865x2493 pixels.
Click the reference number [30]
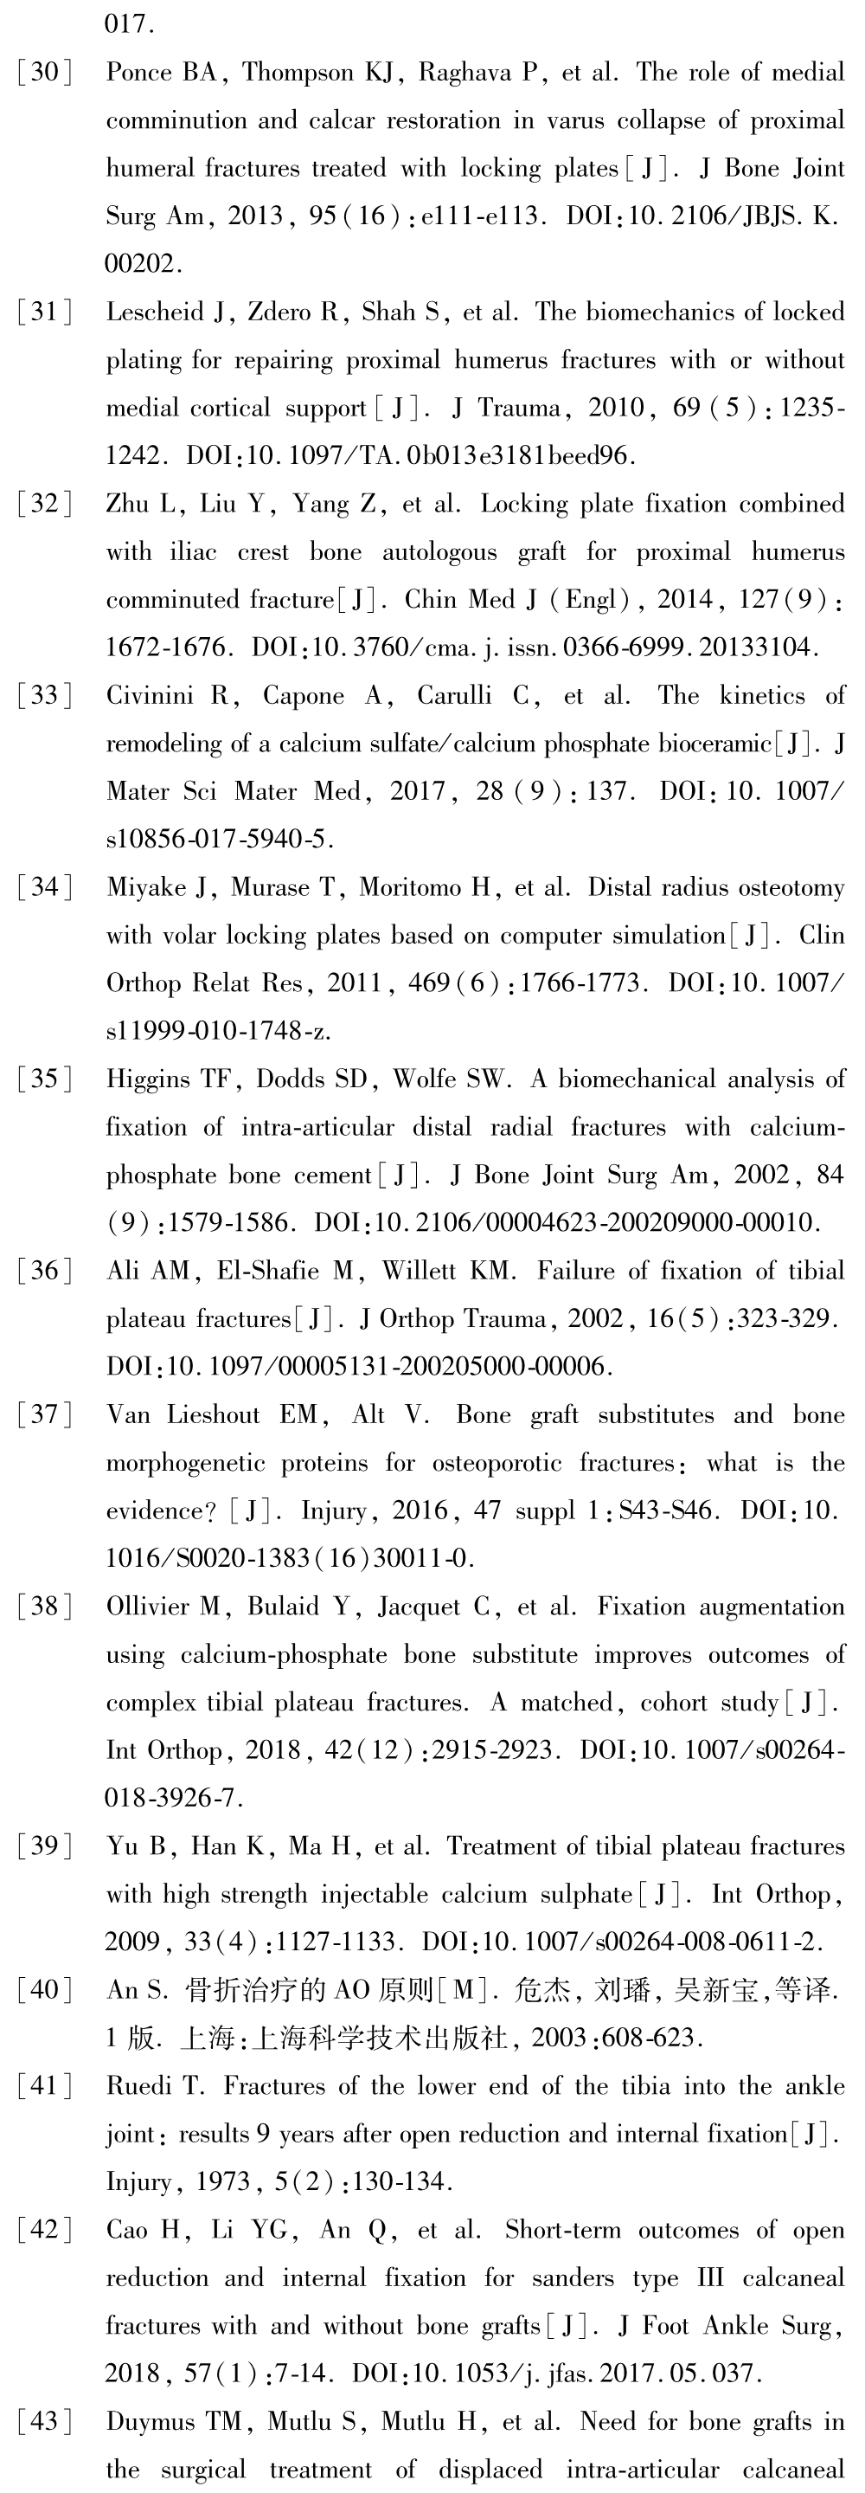tap(44, 73)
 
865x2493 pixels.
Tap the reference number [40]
tap(44, 1991)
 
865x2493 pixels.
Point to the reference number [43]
tap(44, 2422)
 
